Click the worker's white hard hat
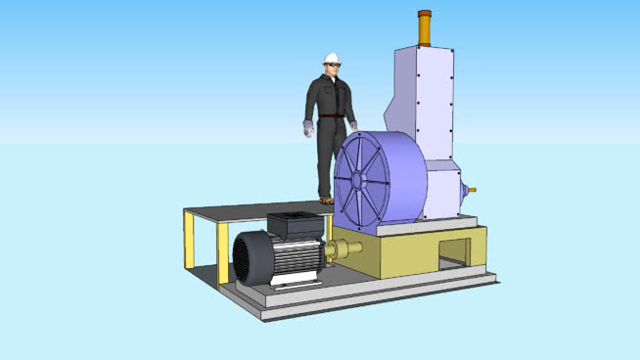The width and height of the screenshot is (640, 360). pos(332,57)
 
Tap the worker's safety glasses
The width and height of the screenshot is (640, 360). pos(333,65)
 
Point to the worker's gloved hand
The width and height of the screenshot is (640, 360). pos(309,128)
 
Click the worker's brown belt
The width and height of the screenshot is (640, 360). pos(333,116)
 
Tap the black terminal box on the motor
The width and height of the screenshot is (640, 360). pos(296,225)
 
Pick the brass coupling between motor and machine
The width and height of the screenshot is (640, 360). pos(343,250)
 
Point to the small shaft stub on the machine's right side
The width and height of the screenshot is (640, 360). pos(471,190)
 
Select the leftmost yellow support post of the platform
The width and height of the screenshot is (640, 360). pos(189,244)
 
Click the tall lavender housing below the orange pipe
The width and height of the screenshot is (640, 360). pos(423,98)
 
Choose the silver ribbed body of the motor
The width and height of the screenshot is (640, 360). pos(298,258)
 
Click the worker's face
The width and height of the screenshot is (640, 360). pos(334,67)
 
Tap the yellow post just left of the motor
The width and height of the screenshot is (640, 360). pos(223,253)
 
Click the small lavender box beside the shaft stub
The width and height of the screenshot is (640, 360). pos(445,191)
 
